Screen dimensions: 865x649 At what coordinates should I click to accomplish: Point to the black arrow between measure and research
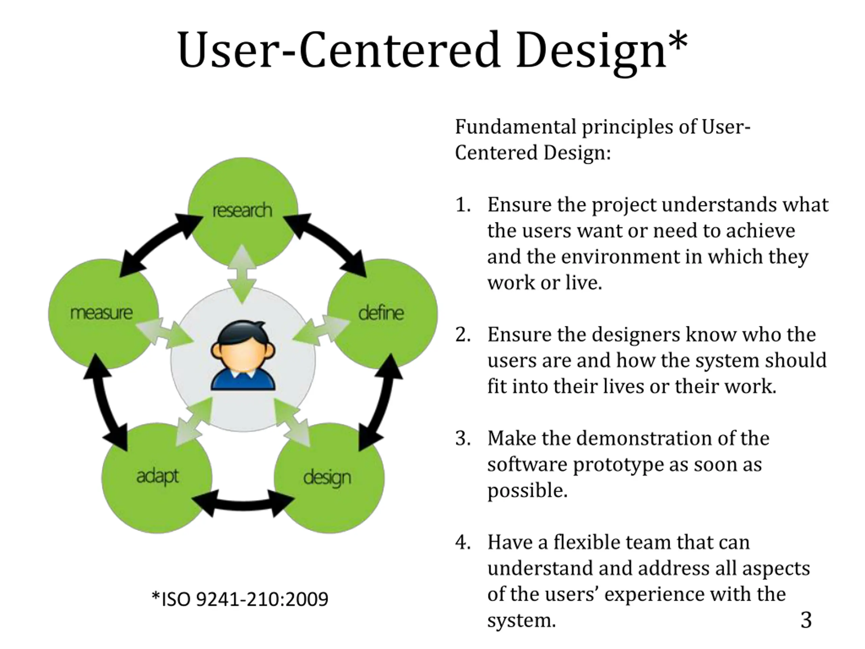[x=160, y=243]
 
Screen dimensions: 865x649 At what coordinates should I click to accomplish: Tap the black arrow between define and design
[x=381, y=403]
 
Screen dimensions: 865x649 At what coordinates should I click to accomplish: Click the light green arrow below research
[x=242, y=274]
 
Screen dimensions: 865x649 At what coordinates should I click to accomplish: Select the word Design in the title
[x=591, y=51]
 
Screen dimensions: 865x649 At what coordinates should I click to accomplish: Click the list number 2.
[x=462, y=335]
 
